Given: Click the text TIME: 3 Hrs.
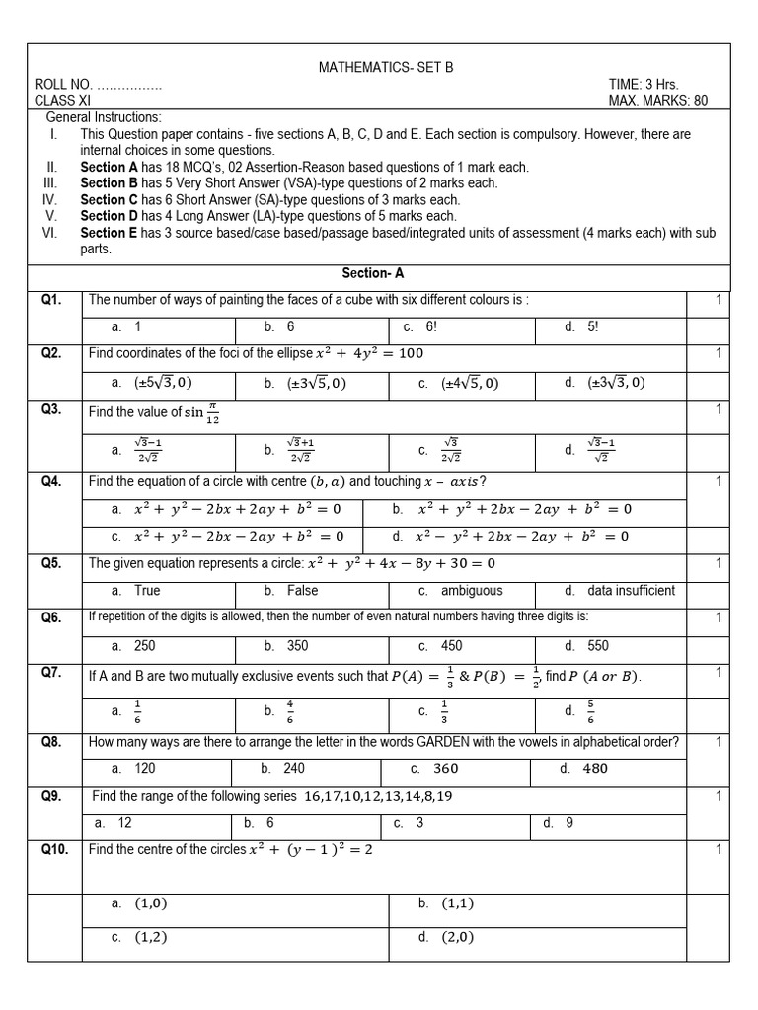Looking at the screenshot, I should (644, 85).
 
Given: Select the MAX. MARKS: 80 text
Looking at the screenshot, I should (658, 101).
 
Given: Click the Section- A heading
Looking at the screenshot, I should (373, 273).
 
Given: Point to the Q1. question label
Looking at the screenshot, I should (51, 299).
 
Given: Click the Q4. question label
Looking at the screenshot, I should (51, 481).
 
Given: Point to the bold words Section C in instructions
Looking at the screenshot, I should (109, 199).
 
